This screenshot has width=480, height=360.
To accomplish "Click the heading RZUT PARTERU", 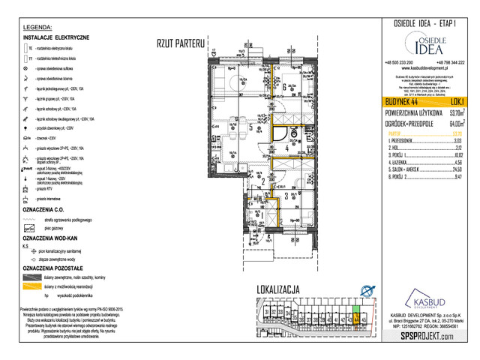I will (x=180, y=44).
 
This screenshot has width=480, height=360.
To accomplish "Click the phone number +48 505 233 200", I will (x=402, y=61).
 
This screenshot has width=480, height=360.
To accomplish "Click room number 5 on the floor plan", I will (x=251, y=127).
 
